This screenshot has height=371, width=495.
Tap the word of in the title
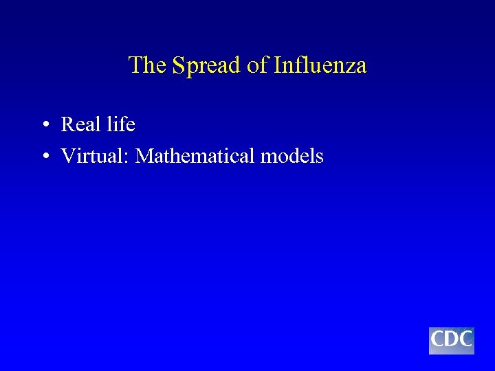click(x=256, y=66)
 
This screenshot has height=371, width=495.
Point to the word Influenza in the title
click(x=320, y=66)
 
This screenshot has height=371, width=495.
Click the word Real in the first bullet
click(x=80, y=124)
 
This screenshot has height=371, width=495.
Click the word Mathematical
click(x=195, y=156)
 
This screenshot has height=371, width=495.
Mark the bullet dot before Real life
click(x=44, y=125)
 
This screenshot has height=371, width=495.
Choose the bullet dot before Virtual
click(x=44, y=157)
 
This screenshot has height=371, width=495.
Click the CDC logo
click(x=452, y=340)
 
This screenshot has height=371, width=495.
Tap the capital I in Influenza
click(x=277, y=66)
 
